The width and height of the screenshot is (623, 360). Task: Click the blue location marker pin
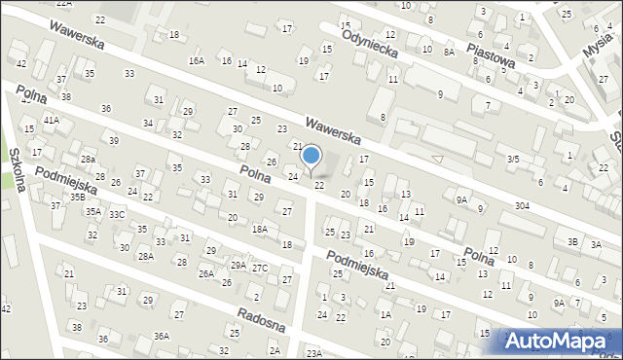tap(311, 157)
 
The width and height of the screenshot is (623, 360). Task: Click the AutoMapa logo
tap(560, 342)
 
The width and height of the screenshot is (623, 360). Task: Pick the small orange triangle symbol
tap(437, 159)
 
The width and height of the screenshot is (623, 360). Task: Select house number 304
tap(523, 205)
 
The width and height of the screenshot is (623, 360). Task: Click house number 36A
tap(162, 337)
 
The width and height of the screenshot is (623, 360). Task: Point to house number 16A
tap(197, 60)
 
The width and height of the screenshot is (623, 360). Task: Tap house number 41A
tap(51, 120)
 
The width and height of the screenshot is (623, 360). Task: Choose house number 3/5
tap(513, 158)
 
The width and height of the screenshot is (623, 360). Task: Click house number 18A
tap(260, 229)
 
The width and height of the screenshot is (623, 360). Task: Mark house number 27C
tap(260, 268)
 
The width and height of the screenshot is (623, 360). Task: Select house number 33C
tap(117, 214)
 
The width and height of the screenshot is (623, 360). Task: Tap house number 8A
tap(449, 53)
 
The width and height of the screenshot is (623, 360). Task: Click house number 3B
tap(573, 241)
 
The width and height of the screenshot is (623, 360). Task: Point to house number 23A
tap(313, 352)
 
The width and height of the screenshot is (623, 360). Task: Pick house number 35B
tap(77, 198)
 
